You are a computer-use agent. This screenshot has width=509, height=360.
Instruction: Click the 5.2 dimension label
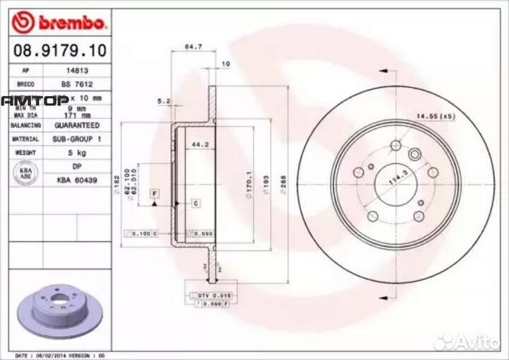[x=164, y=102]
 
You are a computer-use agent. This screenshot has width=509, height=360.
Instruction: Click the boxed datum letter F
[x=154, y=192]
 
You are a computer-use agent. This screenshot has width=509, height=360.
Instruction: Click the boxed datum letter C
[x=197, y=203]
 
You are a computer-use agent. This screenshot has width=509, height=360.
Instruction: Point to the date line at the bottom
[x=60, y=354]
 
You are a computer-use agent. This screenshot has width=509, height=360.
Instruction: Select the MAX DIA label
[x=25, y=114]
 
